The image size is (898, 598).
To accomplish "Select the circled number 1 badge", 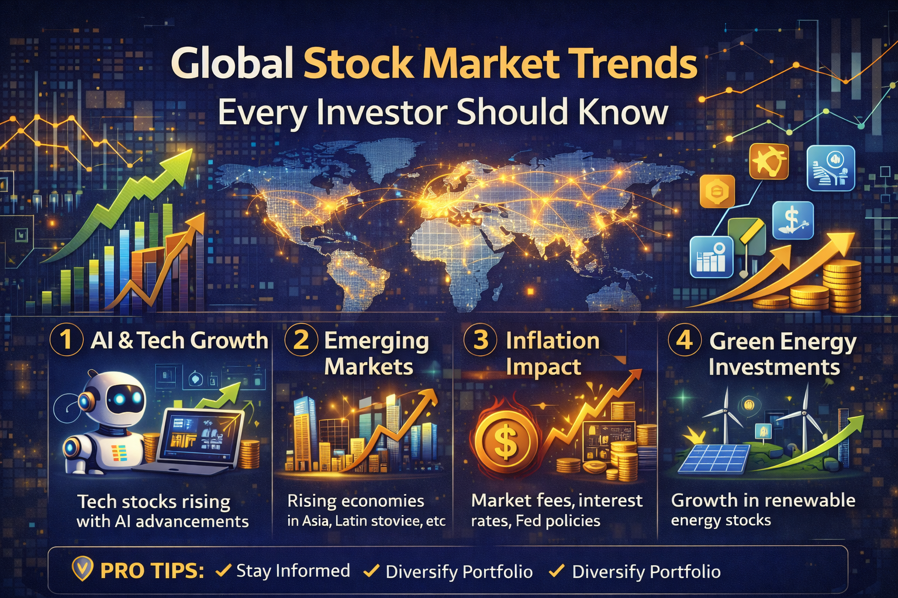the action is click(x=67, y=340).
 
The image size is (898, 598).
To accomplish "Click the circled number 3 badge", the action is click(x=481, y=340).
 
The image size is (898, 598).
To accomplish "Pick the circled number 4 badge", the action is click(x=685, y=340).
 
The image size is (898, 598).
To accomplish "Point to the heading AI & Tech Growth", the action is click(x=179, y=340).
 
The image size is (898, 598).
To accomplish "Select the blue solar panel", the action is click(x=714, y=458).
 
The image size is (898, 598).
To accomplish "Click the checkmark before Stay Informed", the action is click(x=223, y=570).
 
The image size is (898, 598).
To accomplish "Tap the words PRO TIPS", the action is click(x=152, y=571).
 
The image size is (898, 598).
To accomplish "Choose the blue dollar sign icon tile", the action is click(x=793, y=220).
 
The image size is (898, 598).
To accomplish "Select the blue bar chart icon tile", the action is click(x=711, y=257).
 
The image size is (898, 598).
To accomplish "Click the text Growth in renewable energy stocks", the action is click(x=763, y=510).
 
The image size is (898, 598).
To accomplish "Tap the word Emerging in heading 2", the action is click(x=376, y=341).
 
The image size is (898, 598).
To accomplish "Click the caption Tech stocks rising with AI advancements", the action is click(x=163, y=511).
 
